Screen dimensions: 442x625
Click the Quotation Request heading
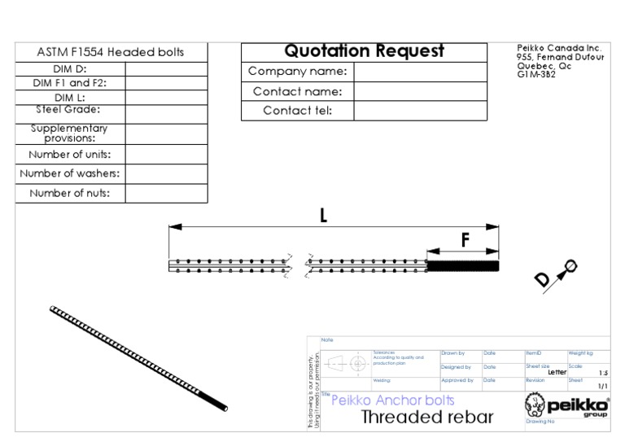pos(364,51)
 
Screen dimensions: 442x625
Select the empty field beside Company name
pos(420,72)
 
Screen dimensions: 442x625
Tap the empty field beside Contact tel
pos(420,111)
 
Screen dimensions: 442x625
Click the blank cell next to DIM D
pos(166,69)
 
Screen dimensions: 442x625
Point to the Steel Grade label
pos(68,109)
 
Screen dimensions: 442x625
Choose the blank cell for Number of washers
pos(166,173)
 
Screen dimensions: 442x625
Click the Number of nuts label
pos(69,194)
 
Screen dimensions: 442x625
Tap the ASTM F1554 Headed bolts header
pos(111,52)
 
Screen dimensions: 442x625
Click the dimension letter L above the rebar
pos(323,217)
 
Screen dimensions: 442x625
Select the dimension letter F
pos(465,240)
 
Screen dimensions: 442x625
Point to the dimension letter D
pos(542,280)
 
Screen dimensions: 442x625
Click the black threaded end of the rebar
pos(462,265)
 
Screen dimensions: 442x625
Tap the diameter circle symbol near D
pos(570,265)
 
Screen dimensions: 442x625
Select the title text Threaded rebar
pos(426,418)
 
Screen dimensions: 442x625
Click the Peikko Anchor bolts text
pos(392,400)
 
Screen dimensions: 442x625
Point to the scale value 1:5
pos(603,372)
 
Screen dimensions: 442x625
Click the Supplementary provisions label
pos(69,133)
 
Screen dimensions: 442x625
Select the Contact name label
pos(297,92)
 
